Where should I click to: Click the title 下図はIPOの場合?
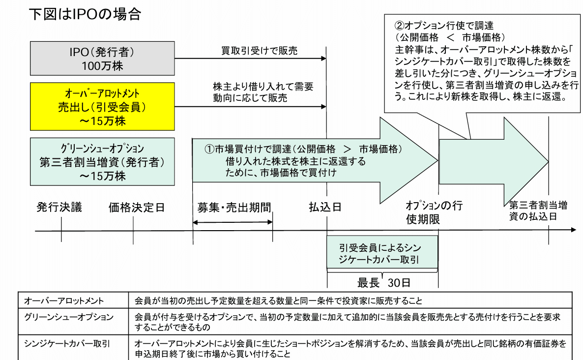85,14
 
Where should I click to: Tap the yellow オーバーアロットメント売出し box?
102,106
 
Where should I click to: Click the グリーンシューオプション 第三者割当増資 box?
102,161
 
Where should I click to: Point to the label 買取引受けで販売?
252,51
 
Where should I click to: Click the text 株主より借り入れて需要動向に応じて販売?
262,92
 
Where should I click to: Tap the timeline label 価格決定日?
136,207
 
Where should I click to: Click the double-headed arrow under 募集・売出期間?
233,222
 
